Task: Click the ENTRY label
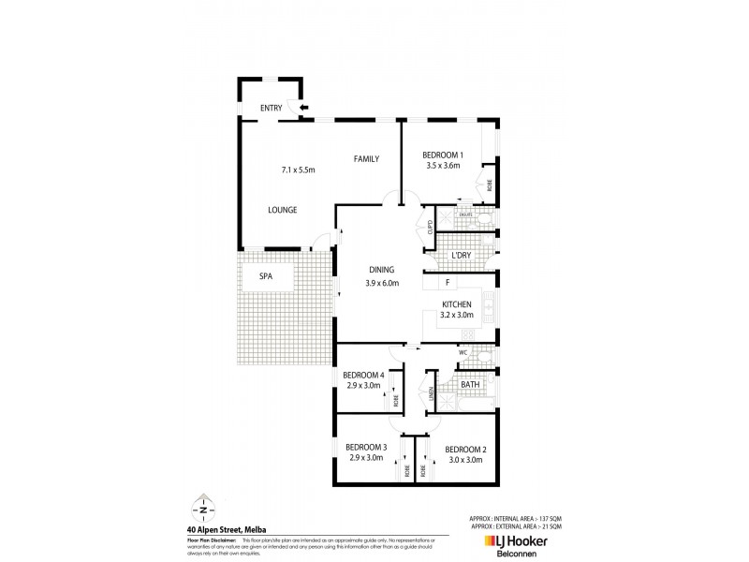tap(271, 109)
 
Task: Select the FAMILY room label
tap(366, 159)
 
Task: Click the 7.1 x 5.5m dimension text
tap(298, 170)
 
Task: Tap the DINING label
tap(382, 272)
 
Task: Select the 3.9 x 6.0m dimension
tap(382, 283)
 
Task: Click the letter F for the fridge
tap(448, 281)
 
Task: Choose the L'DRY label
tap(460, 256)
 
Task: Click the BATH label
tap(470, 383)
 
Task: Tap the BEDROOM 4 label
tap(363, 376)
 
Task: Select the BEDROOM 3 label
tap(366, 447)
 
